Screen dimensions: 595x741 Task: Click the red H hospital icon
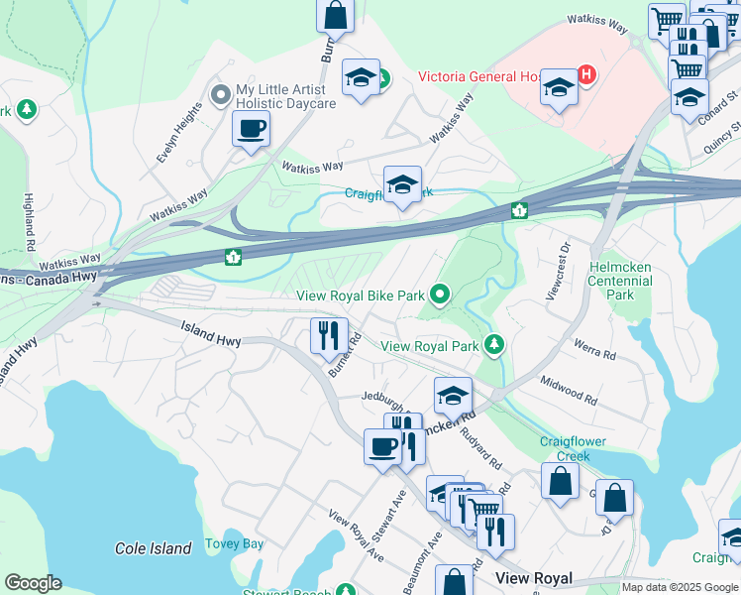click(586, 74)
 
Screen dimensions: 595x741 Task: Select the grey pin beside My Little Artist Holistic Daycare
click(220, 95)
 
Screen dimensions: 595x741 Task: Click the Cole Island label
click(153, 548)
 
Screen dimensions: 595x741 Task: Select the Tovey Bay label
click(234, 543)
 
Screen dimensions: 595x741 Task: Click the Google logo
click(33, 583)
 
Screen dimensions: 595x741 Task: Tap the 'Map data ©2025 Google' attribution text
click(679, 587)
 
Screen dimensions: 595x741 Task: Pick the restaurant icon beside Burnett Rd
click(329, 334)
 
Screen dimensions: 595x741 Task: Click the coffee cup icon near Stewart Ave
click(382, 445)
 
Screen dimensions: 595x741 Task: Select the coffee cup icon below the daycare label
click(251, 127)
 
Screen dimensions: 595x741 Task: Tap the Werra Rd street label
click(595, 353)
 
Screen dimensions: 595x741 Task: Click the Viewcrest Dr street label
click(558, 269)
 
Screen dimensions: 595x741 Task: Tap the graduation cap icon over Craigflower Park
click(402, 184)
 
